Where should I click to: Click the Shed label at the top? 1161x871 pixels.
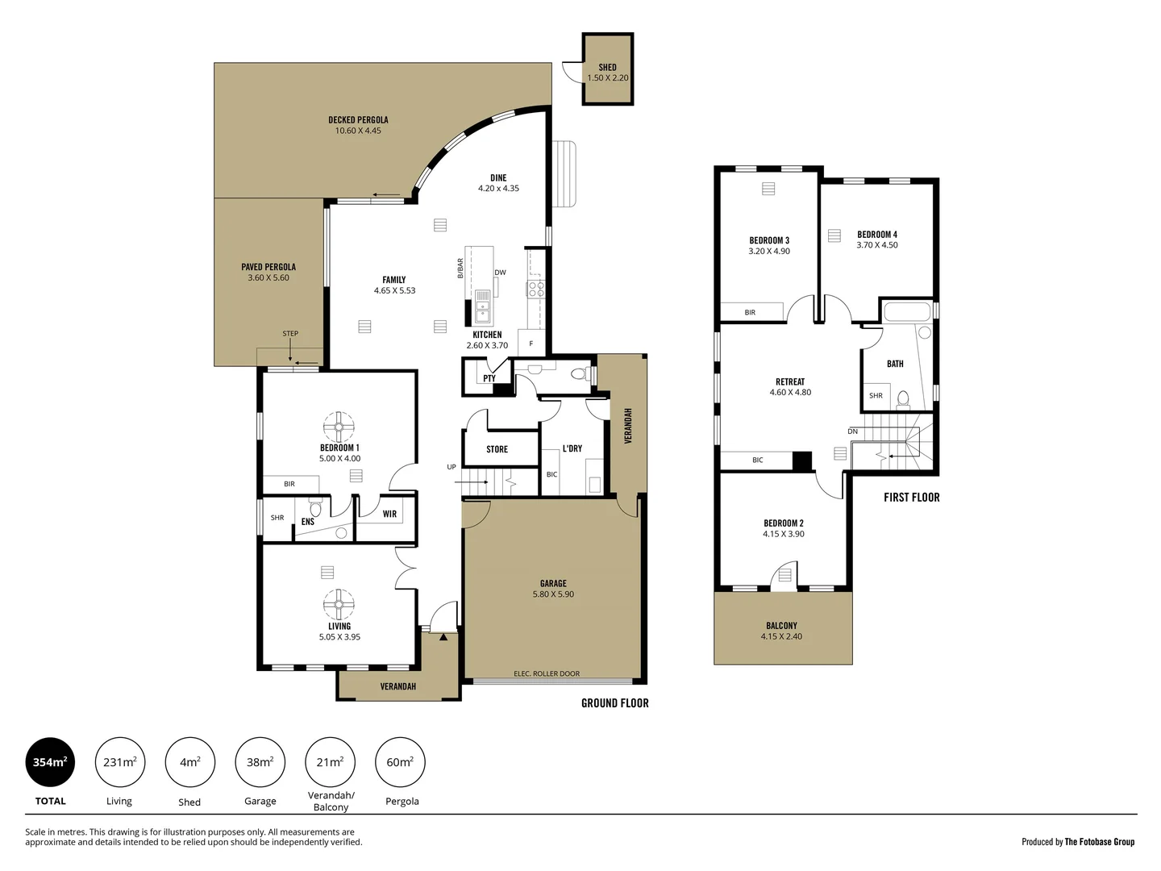click(607, 68)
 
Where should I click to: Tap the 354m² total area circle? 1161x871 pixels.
click(50, 762)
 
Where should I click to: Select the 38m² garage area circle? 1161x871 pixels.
click(260, 762)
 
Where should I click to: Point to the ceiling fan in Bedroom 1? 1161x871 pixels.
click(339, 427)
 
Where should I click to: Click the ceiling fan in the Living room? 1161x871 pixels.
click(339, 605)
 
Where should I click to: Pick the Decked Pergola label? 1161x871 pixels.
click(358, 119)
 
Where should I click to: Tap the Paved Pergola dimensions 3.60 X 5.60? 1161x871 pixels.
click(268, 278)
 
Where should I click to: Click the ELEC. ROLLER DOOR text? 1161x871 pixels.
click(547, 674)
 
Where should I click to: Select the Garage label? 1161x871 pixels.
click(553, 583)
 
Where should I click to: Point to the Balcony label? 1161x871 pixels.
click(781, 625)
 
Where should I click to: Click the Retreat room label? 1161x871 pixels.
click(790, 381)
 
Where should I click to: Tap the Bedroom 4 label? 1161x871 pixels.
click(877, 235)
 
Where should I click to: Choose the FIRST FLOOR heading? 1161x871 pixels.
click(911, 498)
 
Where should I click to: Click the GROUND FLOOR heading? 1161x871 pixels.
click(614, 703)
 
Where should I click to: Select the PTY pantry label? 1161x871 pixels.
click(489, 378)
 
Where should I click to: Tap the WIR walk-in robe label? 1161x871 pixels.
click(389, 514)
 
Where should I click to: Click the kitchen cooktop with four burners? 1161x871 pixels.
click(536, 289)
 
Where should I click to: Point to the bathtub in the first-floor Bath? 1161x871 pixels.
click(907, 312)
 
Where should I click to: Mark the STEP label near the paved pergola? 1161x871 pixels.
click(290, 333)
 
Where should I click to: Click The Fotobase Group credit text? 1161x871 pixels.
click(1099, 842)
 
